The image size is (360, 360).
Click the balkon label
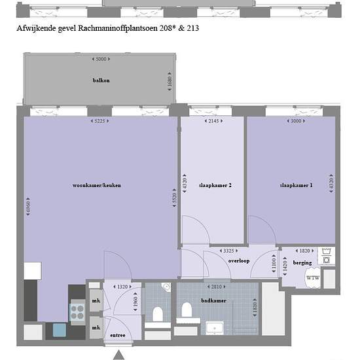coord(101,81)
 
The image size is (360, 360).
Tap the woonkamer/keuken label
coord(97,185)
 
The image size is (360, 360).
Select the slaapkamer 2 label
coord(215,185)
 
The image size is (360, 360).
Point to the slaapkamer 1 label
coord(296,185)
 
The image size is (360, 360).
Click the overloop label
coord(239,261)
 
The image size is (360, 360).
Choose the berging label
coord(302,262)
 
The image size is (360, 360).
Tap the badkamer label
coord(213,300)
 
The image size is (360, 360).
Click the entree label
coord(118,335)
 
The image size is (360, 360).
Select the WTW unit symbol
coord(313,278)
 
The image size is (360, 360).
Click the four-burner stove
coord(77,312)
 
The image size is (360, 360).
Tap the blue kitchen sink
coord(60,330)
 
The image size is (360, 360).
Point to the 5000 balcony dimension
coord(101,59)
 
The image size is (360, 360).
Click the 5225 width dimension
coord(100,121)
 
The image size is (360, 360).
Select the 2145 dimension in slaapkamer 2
coord(214,121)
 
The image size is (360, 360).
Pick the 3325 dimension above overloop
coord(229,251)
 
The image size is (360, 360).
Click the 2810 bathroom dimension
coord(216,287)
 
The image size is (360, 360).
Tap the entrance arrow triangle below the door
coord(118,355)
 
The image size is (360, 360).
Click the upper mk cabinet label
coord(96,300)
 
